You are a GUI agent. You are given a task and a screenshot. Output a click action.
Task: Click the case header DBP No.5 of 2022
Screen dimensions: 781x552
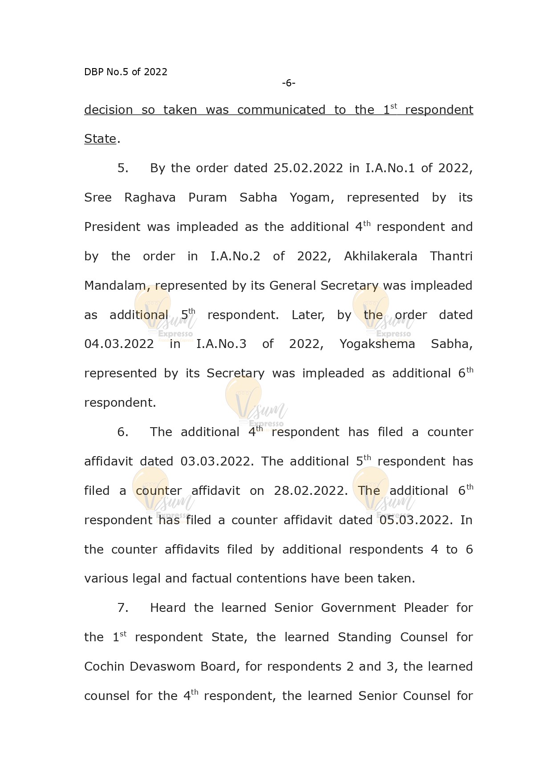126,72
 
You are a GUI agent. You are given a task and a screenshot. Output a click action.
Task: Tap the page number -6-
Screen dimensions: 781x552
288,83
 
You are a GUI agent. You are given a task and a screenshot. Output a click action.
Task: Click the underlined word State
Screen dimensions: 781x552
100,139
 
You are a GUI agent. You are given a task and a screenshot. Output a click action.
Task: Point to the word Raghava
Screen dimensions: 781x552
150,198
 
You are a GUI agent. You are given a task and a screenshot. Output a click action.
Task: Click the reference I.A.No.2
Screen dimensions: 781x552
235,256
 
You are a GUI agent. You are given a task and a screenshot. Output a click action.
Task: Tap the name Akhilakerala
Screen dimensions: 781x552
381,256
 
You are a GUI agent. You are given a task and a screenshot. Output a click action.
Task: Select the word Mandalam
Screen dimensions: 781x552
117,286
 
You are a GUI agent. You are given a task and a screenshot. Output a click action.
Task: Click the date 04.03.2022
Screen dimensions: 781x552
119,344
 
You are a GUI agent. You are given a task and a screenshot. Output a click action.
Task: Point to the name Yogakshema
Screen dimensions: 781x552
377,344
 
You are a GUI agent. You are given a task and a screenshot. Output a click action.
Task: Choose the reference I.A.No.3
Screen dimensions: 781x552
221,344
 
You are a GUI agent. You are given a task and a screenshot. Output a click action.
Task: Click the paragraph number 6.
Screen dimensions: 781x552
122,432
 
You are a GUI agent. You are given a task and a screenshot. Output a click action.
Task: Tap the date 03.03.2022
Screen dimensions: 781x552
217,461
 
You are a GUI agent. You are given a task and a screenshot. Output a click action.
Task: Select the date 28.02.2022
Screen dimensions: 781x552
311,491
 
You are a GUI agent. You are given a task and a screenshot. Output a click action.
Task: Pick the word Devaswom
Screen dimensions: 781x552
163,667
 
